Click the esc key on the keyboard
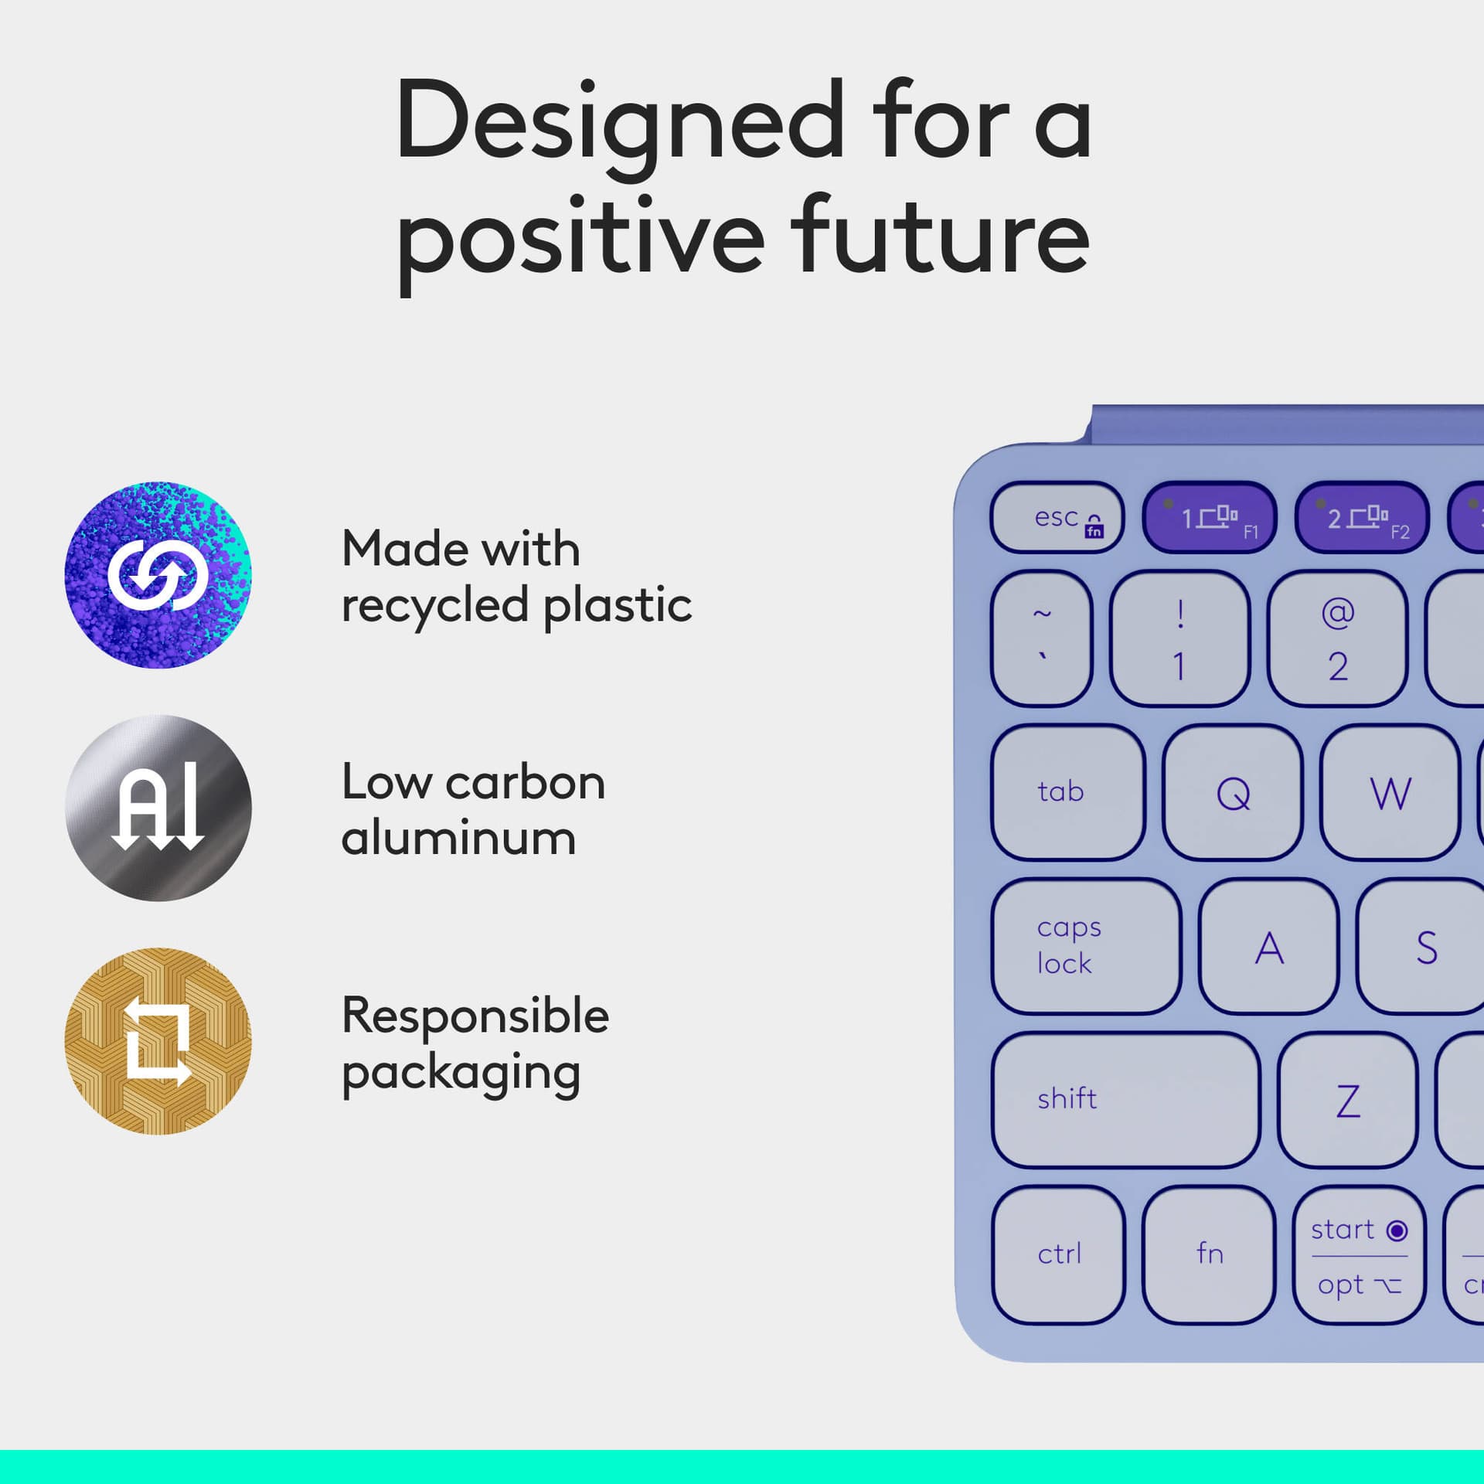(1057, 517)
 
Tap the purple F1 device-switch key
(1209, 517)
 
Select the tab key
(1068, 791)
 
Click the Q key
(1232, 791)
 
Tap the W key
(1390, 791)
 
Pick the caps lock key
(1085, 945)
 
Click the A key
(1268, 946)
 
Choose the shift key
(1125, 1099)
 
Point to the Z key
(1348, 1099)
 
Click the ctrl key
(1058, 1254)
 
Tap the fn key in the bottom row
(1209, 1254)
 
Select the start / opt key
(1359, 1254)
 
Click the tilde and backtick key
(1041, 638)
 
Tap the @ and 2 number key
(1337, 638)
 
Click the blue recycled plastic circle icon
(158, 575)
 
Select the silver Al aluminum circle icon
(158, 808)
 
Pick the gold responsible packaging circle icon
(158, 1041)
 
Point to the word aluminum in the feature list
(459, 838)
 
